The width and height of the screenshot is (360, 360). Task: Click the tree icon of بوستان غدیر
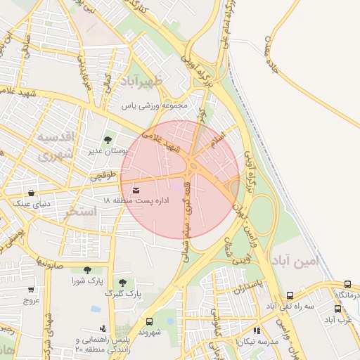click(x=108, y=141)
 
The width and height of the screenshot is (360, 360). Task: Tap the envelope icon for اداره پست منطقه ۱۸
click(x=135, y=190)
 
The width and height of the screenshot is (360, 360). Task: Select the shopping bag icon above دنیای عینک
click(x=31, y=193)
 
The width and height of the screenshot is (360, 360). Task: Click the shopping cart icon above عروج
click(x=30, y=289)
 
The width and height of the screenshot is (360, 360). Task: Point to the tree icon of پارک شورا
click(x=87, y=270)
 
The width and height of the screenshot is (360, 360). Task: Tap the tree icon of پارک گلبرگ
click(x=122, y=282)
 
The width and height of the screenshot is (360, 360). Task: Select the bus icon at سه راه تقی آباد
click(x=290, y=296)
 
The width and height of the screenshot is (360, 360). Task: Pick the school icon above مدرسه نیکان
click(x=257, y=330)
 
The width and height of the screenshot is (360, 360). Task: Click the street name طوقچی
click(x=101, y=179)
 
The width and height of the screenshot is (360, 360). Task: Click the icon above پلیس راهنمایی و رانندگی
click(x=103, y=328)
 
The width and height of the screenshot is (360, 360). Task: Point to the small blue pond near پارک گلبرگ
click(x=96, y=309)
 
